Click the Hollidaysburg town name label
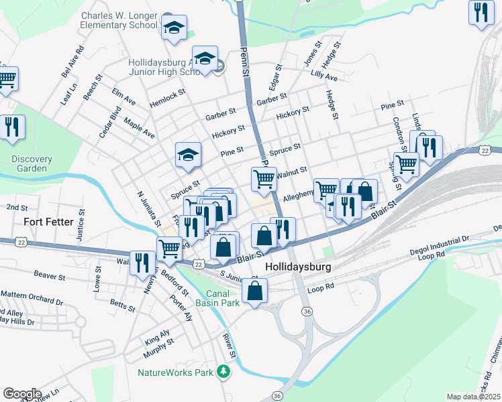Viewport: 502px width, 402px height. (299, 266)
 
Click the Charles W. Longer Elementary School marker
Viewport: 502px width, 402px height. (174, 29)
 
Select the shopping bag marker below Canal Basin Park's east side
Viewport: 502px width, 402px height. (254, 291)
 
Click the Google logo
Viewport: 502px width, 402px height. (22, 394)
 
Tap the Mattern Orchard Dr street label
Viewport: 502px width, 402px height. (31, 295)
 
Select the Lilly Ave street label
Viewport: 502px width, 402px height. (323, 78)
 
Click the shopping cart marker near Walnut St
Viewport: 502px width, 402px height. (264, 178)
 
